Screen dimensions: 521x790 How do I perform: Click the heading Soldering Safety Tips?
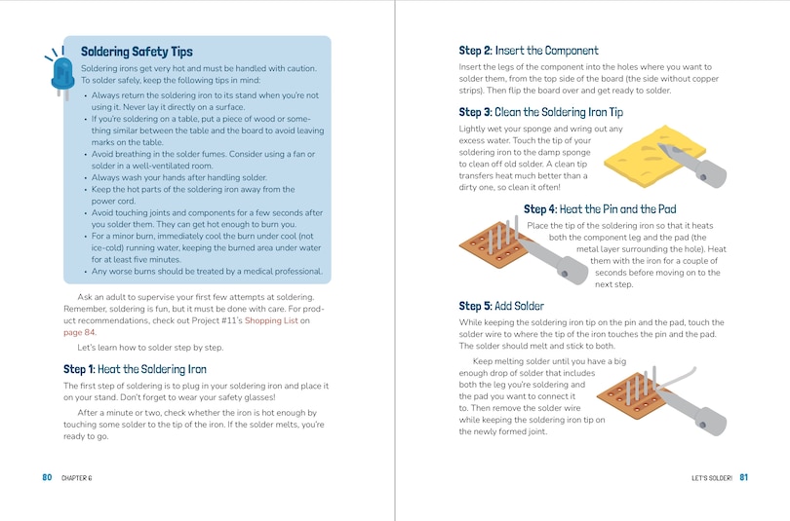pyautogui.click(x=137, y=52)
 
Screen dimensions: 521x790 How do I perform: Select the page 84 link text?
pyautogui.click(x=79, y=332)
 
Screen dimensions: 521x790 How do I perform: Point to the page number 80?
pyautogui.click(x=47, y=477)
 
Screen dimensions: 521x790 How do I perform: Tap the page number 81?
pyautogui.click(x=743, y=477)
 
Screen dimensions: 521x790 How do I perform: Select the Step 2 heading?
pyautogui.click(x=529, y=51)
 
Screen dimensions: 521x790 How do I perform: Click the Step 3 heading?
pyautogui.click(x=540, y=113)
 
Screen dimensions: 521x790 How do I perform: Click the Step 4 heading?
pyautogui.click(x=599, y=209)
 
